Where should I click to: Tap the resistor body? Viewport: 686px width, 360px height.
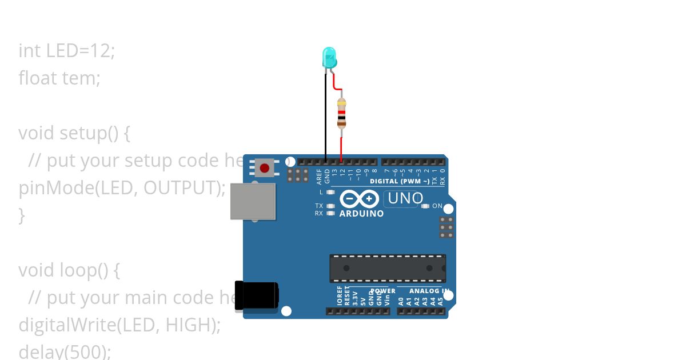tap(341, 113)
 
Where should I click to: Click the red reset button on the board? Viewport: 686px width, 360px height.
tap(264, 168)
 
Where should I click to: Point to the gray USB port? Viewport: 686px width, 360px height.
tap(253, 201)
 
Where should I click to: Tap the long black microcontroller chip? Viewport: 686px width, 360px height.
tap(388, 268)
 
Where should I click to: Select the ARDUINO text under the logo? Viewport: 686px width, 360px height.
tap(361, 214)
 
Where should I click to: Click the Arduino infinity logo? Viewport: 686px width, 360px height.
tap(360, 199)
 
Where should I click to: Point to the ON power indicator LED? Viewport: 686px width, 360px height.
tap(425, 206)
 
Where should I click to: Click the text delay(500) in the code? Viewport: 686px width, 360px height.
tap(63, 350)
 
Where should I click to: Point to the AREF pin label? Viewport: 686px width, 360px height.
tap(320, 175)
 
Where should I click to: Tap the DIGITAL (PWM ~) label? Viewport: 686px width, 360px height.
tap(400, 181)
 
